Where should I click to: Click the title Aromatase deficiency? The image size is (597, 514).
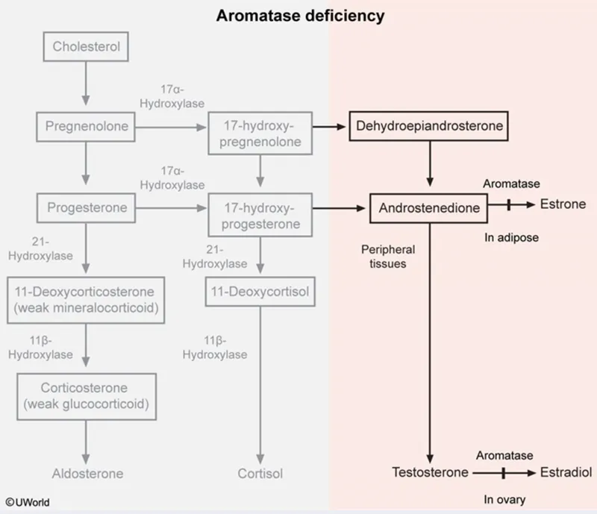(300, 15)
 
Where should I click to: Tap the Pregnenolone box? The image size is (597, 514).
(86, 127)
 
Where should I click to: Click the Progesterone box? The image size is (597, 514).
(86, 207)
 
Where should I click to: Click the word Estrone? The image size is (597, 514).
(563, 205)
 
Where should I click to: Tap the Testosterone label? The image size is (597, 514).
(429, 472)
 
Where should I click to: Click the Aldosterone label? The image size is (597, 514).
(87, 473)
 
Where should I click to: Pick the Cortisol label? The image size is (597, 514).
(260, 473)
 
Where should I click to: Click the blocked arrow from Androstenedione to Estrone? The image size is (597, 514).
(508, 205)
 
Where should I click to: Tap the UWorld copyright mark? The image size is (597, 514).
(27, 503)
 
